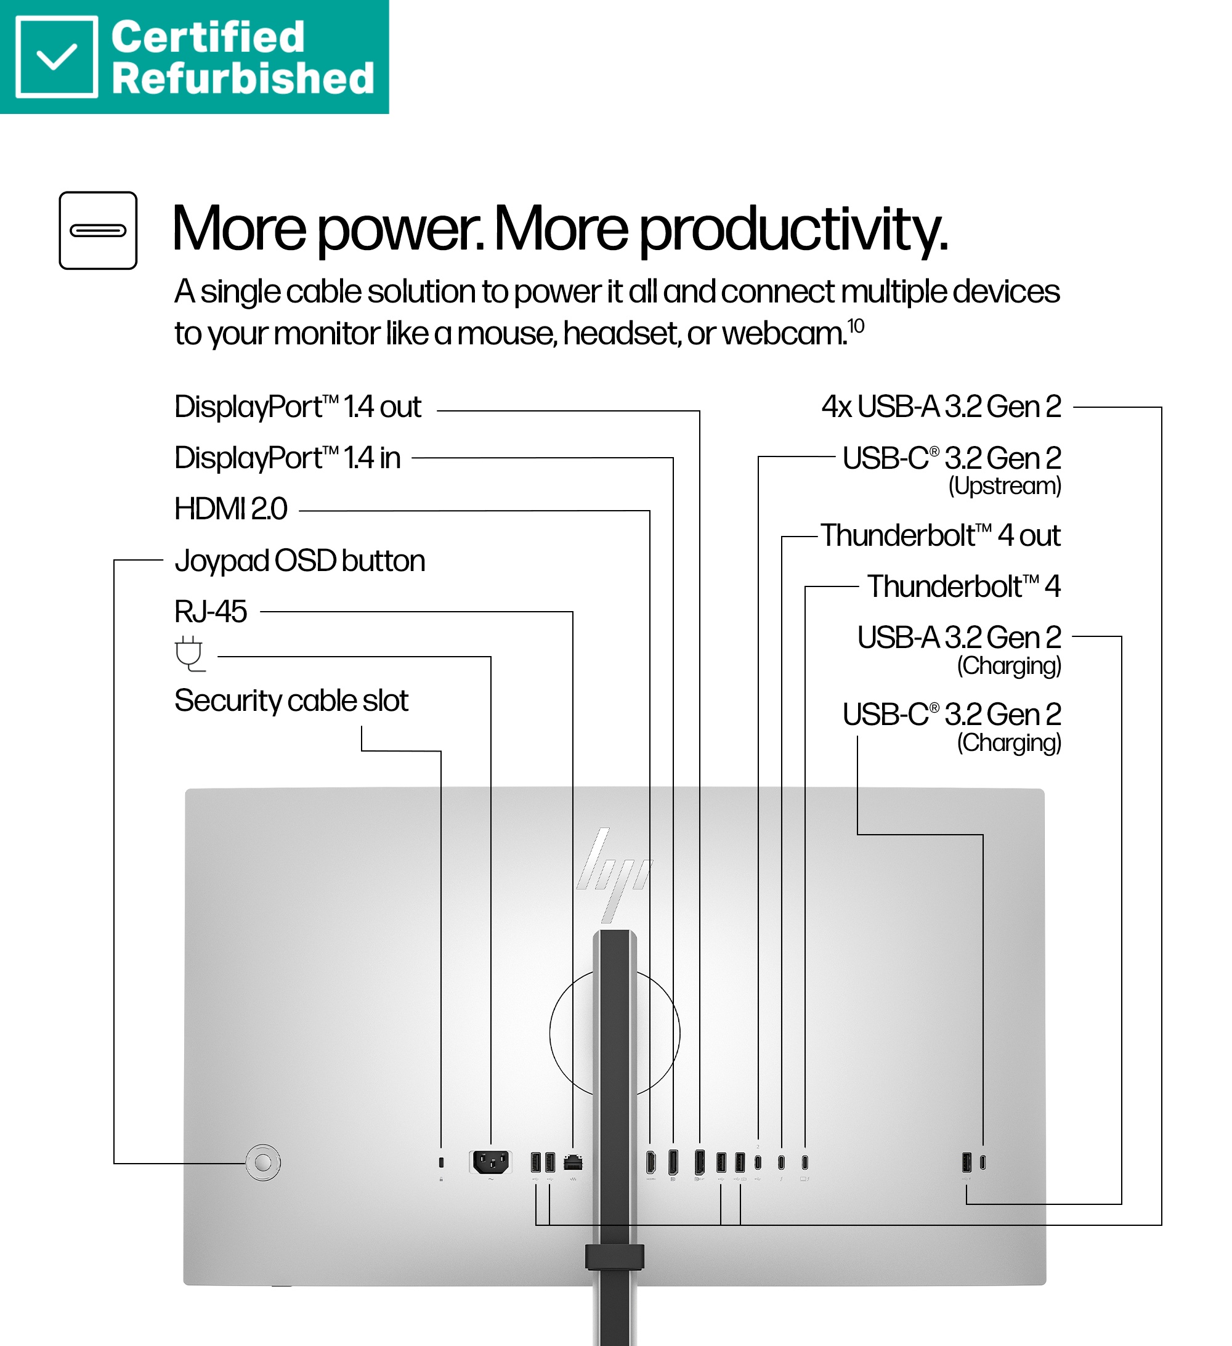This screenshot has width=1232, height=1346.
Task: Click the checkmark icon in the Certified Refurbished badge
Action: (x=57, y=57)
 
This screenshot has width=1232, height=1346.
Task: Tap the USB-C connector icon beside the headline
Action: (x=98, y=230)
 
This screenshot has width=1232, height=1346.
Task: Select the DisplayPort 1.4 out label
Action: (x=298, y=407)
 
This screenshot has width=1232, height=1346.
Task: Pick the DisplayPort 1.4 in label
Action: (x=288, y=458)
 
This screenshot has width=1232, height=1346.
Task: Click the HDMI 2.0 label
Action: (x=231, y=509)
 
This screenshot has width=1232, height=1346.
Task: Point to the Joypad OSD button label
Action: (x=300, y=561)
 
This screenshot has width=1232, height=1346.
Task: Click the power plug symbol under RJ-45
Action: (x=190, y=654)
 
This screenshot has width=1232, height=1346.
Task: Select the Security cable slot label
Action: (x=291, y=701)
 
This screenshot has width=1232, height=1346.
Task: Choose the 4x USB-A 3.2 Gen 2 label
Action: (x=941, y=407)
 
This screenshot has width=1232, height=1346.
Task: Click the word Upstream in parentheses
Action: (x=1005, y=485)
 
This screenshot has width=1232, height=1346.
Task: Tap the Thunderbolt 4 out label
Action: (x=941, y=535)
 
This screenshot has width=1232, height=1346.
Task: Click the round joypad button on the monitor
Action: (x=263, y=1162)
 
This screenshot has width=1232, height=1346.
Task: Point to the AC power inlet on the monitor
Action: (x=491, y=1162)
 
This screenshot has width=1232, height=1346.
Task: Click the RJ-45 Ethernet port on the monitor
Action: (x=573, y=1162)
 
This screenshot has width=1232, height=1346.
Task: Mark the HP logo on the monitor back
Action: (x=614, y=875)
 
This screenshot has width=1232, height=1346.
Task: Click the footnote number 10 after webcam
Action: (x=856, y=326)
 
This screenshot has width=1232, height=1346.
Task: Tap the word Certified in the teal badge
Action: (x=208, y=37)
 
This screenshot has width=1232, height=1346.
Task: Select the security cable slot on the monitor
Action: (x=440, y=1162)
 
